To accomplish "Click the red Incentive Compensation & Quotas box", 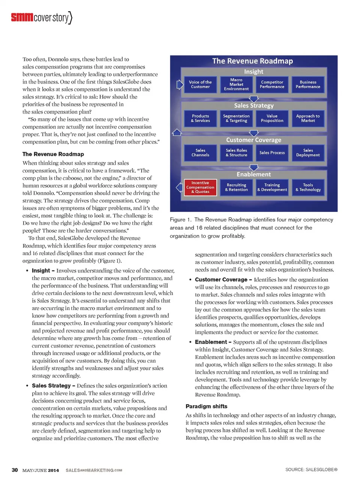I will [x=200, y=187].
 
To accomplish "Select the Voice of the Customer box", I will [x=200, y=84].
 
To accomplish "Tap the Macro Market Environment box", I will [x=236, y=84].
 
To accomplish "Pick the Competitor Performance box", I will [x=272, y=84].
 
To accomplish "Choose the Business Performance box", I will [x=308, y=84].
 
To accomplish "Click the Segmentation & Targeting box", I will [x=236, y=119].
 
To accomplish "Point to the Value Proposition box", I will [x=272, y=119].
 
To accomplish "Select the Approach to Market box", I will [x=308, y=119].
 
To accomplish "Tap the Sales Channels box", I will [x=200, y=153].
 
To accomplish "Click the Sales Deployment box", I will [x=308, y=153].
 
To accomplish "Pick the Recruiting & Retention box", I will [x=236, y=187].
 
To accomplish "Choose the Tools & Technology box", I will [x=308, y=187].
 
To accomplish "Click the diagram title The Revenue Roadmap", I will [x=252, y=61].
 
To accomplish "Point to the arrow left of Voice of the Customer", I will [x=180, y=84].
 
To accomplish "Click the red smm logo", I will [x=22, y=17].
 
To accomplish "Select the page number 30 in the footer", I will [x=15, y=470].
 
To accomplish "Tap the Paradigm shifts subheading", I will [x=206, y=406].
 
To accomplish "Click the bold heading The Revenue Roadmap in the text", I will [x=53, y=154].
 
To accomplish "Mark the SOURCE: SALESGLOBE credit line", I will [x=311, y=470].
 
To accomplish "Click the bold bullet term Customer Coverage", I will [x=221, y=280].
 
